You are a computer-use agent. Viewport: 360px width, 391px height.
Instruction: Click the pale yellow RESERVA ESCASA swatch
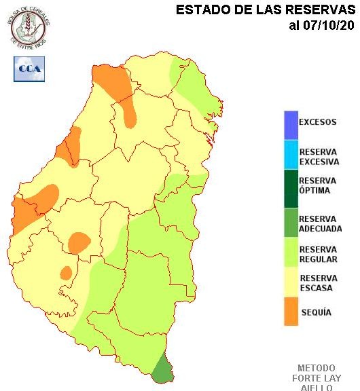click(291, 283)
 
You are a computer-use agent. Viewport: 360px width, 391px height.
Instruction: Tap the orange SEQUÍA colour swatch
click(291, 312)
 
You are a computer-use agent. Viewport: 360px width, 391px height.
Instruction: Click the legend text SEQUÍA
click(316, 312)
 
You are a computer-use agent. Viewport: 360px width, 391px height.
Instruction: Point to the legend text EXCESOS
click(318, 122)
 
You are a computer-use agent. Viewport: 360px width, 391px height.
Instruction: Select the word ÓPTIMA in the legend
click(314, 191)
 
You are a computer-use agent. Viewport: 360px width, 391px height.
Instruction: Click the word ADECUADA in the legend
click(321, 229)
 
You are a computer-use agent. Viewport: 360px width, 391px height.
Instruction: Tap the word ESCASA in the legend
click(314, 288)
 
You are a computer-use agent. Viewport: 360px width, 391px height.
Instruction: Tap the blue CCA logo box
click(29, 69)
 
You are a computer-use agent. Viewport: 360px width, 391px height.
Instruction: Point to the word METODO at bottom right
click(316, 367)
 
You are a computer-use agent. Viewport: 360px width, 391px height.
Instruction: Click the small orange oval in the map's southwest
click(66, 273)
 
